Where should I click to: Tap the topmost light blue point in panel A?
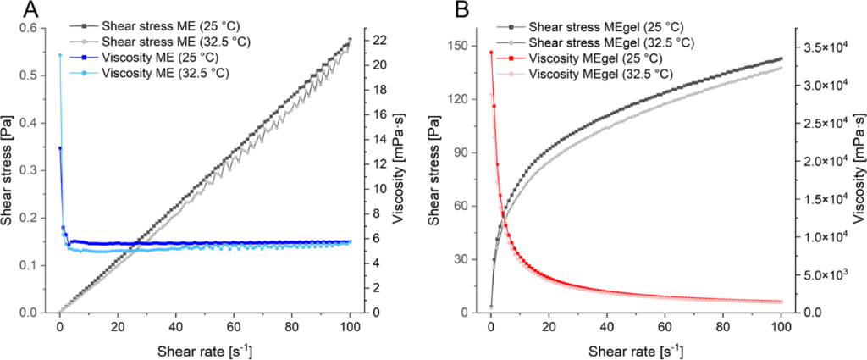[59, 55]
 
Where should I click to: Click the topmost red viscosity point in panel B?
[491, 53]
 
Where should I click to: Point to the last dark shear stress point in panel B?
[781, 58]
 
